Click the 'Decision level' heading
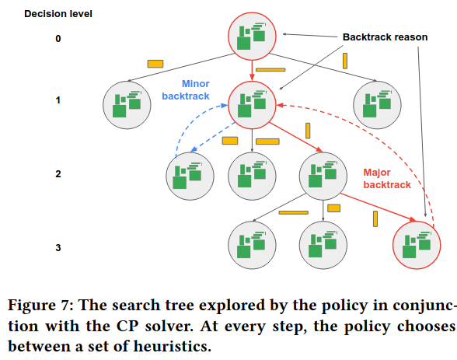pos(58,14)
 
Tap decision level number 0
pos(58,38)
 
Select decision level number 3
pos(58,247)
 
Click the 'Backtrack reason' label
pos(385,37)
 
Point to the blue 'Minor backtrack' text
pos(186,89)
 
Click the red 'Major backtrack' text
pos(387,178)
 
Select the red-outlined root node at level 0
pos(252,36)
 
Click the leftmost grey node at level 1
pos(127,105)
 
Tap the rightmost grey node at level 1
pos(377,105)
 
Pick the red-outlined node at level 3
pos(417,245)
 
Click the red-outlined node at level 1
pos(252,105)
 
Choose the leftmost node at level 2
pos(190,176)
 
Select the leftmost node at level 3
pos(252,245)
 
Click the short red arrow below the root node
pos(252,71)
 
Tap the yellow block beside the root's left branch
pos(155,64)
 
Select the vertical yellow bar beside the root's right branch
pos(345,61)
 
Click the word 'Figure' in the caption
pos(32,306)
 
